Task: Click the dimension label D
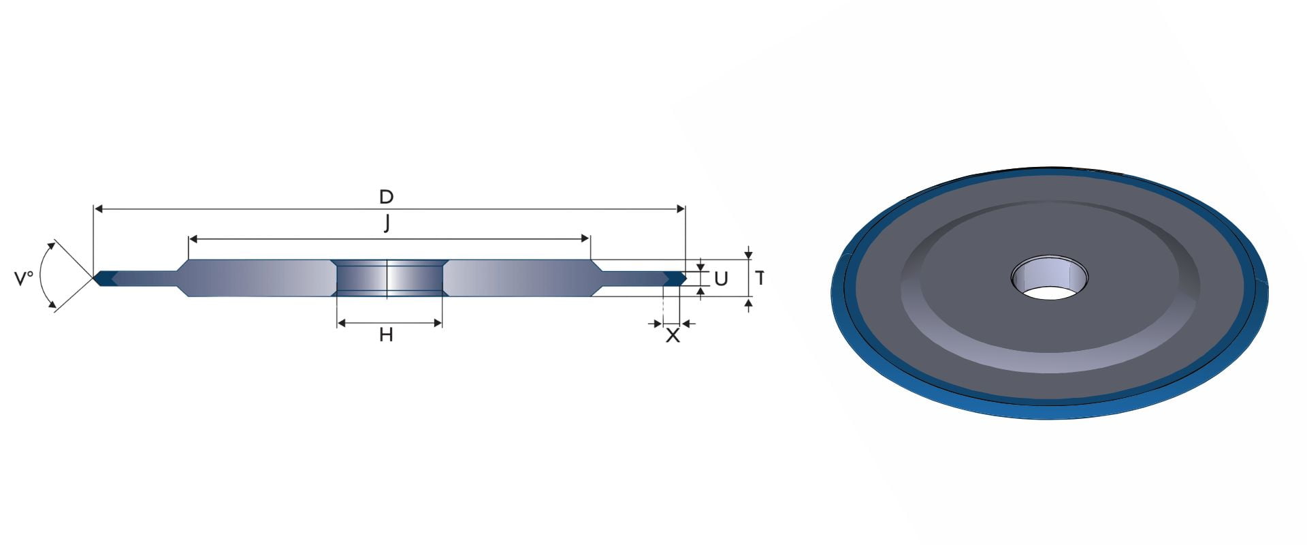click(x=386, y=197)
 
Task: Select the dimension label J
click(x=387, y=223)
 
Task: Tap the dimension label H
click(x=386, y=334)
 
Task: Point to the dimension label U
click(x=721, y=279)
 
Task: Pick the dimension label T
click(x=760, y=278)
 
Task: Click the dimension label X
click(x=673, y=335)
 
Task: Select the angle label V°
click(x=24, y=278)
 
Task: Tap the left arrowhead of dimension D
click(x=98, y=209)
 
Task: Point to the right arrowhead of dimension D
click(x=680, y=209)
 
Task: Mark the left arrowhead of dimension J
click(x=193, y=239)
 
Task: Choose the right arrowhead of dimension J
click(x=585, y=239)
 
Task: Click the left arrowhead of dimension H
click(x=342, y=323)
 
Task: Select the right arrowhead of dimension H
click(x=438, y=323)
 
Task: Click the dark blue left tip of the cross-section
click(x=106, y=278)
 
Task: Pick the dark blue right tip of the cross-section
click(x=674, y=278)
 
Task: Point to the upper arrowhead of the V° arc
click(x=51, y=246)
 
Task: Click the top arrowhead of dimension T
click(x=749, y=255)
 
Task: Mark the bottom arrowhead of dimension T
click(x=749, y=302)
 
